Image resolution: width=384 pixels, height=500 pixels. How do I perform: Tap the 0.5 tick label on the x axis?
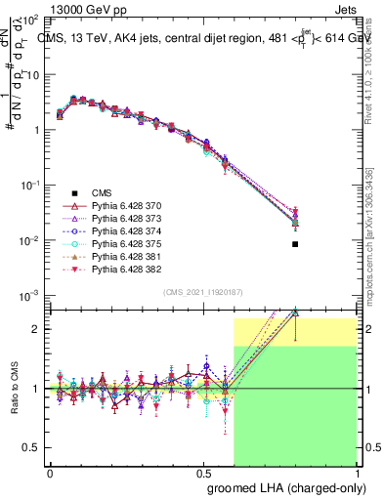(203, 472)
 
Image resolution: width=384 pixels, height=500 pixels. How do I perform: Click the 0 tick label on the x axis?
(50, 472)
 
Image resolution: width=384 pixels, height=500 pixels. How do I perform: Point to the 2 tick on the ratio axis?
(39, 329)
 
